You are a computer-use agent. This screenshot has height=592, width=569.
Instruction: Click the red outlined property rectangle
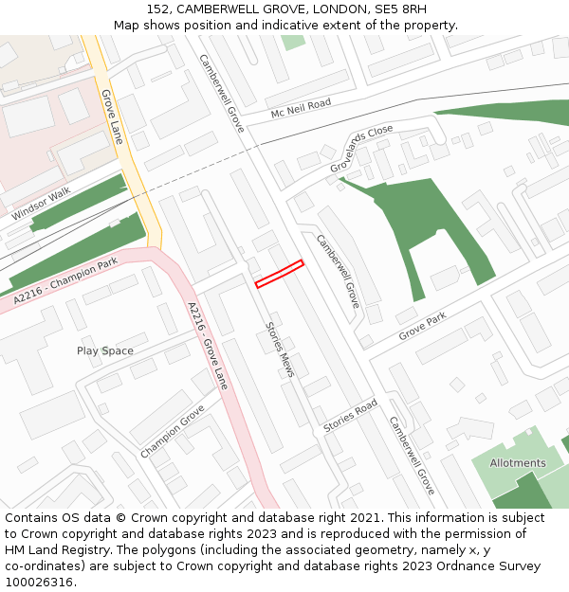click(x=279, y=273)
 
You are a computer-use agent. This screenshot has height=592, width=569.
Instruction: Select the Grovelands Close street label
click(x=360, y=149)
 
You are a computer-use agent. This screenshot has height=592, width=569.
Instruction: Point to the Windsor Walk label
click(x=41, y=204)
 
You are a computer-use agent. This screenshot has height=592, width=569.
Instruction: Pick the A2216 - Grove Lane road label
click(x=208, y=346)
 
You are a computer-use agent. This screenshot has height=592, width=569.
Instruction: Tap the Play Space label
click(x=105, y=351)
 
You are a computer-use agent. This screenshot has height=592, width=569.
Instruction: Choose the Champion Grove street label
click(x=172, y=431)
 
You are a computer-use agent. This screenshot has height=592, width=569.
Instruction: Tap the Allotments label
click(x=518, y=463)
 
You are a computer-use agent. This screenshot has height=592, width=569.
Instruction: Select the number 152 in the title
click(x=158, y=9)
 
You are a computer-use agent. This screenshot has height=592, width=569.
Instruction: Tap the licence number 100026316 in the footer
click(x=40, y=582)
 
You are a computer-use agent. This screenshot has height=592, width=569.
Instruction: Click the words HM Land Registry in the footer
click(x=53, y=550)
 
